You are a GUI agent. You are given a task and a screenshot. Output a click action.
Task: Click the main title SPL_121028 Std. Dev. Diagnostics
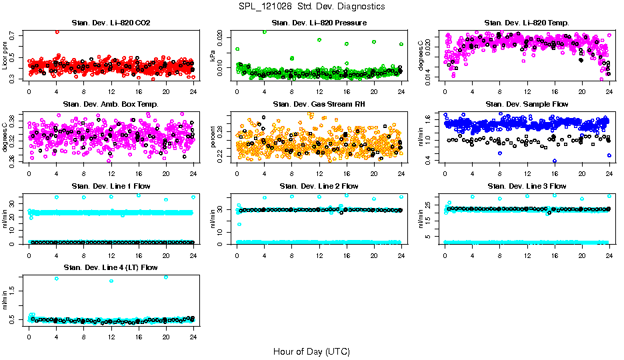pos(311,7)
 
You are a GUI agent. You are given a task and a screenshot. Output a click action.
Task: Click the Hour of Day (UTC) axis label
pos(311,351)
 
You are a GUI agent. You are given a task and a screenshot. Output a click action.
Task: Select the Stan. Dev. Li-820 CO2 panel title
pos(106,23)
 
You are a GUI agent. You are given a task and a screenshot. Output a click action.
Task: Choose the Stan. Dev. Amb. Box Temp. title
pos(106,104)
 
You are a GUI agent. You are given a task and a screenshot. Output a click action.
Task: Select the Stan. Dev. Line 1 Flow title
pos(106,186)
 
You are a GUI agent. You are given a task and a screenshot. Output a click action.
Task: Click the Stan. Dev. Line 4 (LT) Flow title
pos(106,267)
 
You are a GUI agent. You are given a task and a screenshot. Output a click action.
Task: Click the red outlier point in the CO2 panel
pos(57,31)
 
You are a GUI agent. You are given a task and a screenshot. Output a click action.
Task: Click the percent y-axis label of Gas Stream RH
pos(213,137)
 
